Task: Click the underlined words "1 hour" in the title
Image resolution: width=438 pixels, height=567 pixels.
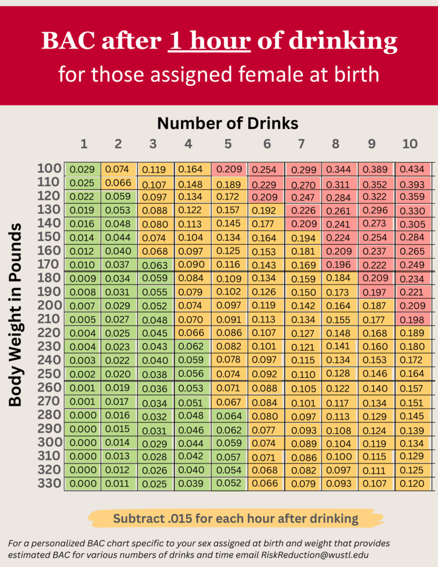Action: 209,41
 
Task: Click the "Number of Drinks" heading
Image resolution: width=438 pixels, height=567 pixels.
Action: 228,122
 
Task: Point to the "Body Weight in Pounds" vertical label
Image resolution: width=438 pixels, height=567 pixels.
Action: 16,315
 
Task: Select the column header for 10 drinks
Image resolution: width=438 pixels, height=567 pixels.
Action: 409,144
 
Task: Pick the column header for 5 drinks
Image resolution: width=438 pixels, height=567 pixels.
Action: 228,144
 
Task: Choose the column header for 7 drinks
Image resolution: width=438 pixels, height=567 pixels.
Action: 301,144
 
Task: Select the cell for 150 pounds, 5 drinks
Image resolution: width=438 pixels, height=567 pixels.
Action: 228,238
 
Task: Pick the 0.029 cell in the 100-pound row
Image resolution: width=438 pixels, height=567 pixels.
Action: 83,169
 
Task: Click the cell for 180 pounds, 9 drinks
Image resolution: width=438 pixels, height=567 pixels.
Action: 375,279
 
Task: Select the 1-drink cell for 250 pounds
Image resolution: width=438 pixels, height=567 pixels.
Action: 83,373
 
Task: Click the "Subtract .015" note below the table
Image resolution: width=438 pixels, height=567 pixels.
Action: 235,519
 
